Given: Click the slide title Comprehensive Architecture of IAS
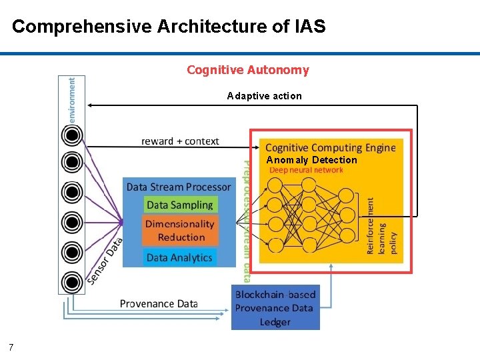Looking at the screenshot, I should tap(169, 27).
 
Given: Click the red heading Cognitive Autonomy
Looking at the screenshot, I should tap(248, 70).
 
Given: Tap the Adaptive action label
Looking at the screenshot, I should tap(264, 96).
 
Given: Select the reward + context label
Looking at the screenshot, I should tap(180, 141).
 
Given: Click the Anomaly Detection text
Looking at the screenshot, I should tap(311, 160).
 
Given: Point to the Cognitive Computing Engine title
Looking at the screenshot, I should tap(330, 147).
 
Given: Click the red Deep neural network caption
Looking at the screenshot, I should tap(306, 170).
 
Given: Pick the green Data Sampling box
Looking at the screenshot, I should tap(179, 205).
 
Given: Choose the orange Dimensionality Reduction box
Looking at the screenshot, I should tap(179, 231).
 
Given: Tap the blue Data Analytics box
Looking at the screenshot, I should tap(179, 257).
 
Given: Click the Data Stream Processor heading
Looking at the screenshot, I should tap(179, 187).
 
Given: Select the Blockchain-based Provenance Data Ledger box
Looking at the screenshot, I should tap(275, 308).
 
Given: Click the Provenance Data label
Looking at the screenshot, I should tap(159, 303).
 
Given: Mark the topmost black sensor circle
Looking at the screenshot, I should tap(72, 136).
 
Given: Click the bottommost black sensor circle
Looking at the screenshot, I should tap(72, 281).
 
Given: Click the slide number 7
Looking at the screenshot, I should tap(11, 347).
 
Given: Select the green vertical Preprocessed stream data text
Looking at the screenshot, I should tap(246, 220).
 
